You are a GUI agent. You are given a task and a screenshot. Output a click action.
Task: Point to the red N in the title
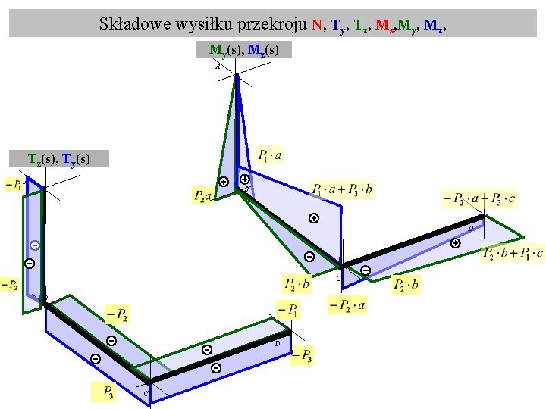[x=315, y=23]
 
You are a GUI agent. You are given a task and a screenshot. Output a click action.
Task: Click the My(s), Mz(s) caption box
[x=243, y=50]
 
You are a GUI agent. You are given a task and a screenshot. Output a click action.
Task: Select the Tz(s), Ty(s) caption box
[x=58, y=158]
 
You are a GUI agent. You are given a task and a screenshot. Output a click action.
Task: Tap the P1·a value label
[x=271, y=156]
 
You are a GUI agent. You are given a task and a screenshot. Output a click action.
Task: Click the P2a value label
[x=203, y=196]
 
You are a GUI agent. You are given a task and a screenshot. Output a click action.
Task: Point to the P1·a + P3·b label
[x=342, y=189]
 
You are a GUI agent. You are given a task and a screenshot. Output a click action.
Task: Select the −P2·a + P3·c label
[x=481, y=199]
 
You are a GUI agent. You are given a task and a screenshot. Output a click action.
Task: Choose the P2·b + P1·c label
[x=513, y=253]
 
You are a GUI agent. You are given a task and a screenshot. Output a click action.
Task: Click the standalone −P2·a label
[x=347, y=305]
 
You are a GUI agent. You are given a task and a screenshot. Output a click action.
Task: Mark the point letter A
[x=218, y=67]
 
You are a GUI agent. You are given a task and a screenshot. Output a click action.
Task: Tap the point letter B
[x=246, y=189]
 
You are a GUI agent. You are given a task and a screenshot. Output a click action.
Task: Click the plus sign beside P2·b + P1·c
[x=455, y=243]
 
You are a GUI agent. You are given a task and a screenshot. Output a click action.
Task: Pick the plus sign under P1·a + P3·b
[x=313, y=219]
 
